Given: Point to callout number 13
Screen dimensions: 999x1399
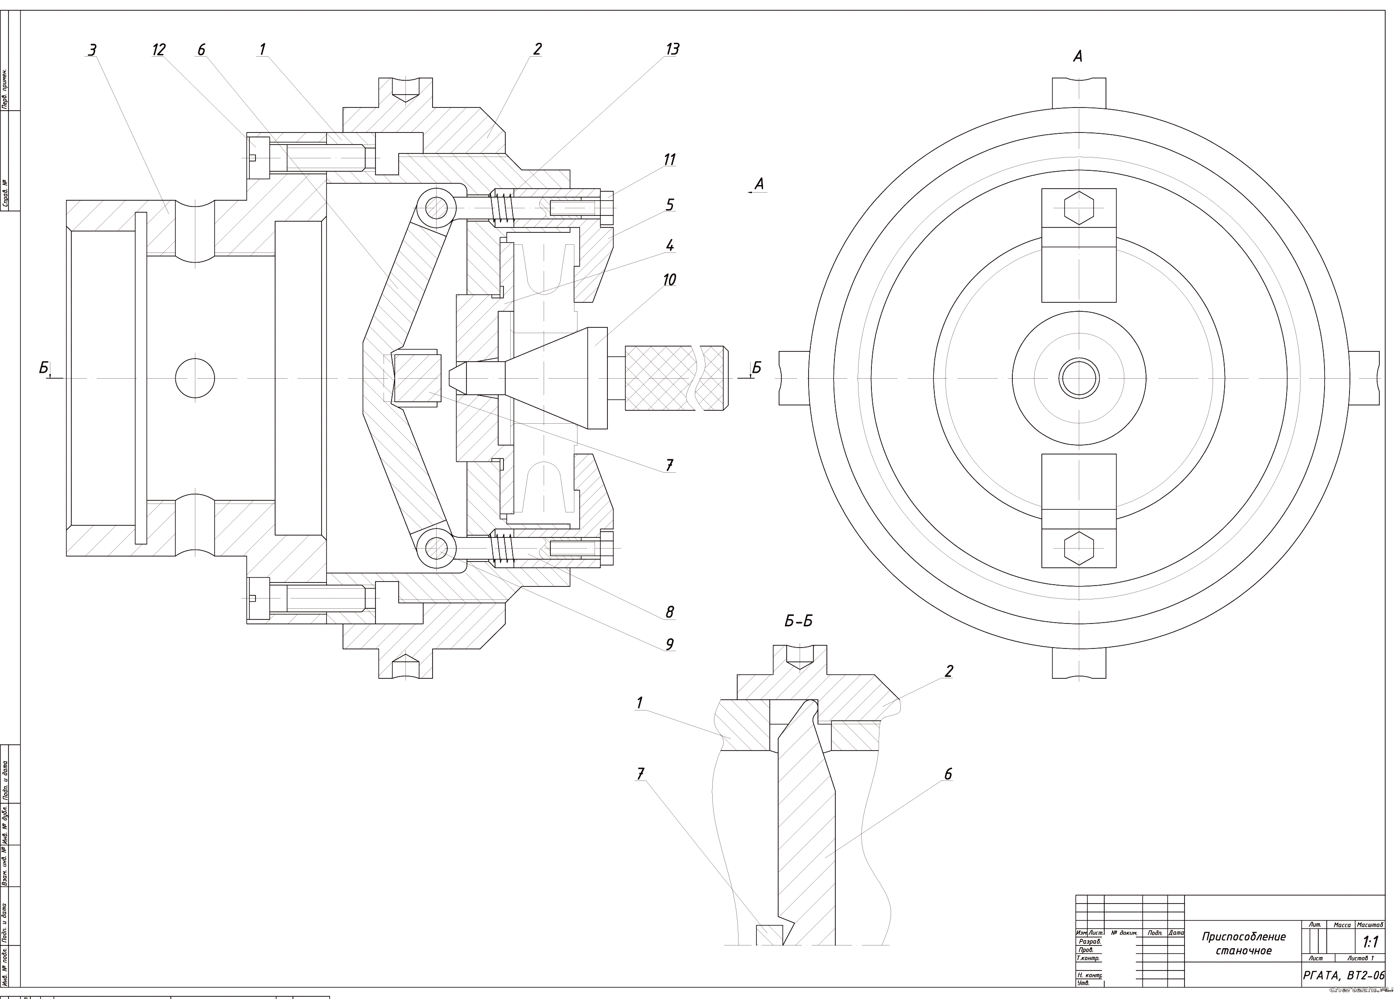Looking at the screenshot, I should click(x=672, y=49).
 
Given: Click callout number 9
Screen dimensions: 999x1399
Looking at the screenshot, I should click(x=669, y=644).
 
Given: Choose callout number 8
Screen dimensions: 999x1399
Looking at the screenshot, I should click(x=669, y=611).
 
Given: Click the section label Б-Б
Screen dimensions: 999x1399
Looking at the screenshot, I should click(x=798, y=621).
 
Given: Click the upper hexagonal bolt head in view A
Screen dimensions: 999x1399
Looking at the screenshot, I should click(x=1079, y=207).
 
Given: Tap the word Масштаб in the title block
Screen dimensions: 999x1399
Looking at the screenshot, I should click(x=1370, y=925).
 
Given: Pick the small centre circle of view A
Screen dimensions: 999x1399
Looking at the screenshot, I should click(x=1079, y=378).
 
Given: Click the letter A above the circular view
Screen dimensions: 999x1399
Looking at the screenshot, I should click(x=1077, y=57).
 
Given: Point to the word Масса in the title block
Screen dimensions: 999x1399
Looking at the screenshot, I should click(x=1342, y=925).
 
